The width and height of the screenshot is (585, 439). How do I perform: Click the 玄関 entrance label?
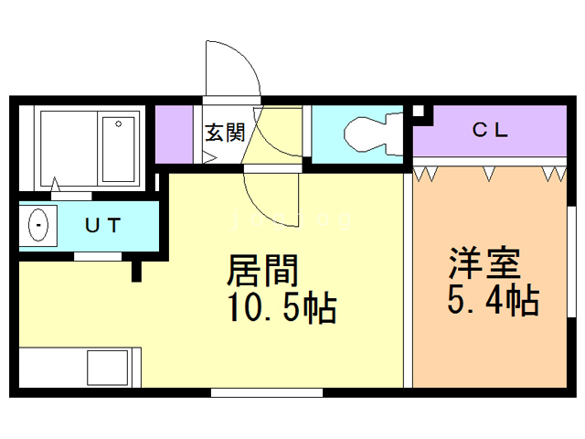pos(225,133)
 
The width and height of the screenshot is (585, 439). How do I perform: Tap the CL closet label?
pos(490,130)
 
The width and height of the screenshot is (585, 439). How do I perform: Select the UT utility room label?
pos(103,226)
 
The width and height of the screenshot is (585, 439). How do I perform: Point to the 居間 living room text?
pos(262,271)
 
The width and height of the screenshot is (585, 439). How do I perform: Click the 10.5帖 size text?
pos(282,307)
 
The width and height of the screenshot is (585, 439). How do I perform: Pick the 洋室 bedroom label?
pos(484,262)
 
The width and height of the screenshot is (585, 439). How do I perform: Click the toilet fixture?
pos(373,134)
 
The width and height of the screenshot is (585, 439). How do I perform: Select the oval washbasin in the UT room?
pos(38,225)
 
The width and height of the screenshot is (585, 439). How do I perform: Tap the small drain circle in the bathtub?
pos(118,124)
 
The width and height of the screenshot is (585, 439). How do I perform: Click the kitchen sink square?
pos(108,368)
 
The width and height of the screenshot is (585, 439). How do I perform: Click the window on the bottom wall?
pos(267,392)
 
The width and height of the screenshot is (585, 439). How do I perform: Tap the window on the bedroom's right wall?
pos(571,262)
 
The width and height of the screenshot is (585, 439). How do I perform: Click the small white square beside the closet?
pos(419,112)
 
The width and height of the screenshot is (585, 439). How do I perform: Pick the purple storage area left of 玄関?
pos(174,134)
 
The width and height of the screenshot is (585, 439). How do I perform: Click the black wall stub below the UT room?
pos(136,272)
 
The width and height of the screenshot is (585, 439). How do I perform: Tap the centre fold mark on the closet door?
pos(489,174)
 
